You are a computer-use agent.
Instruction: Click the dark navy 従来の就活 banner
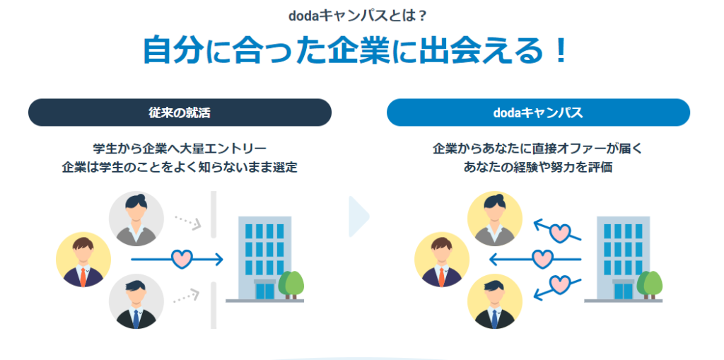coord(180,112)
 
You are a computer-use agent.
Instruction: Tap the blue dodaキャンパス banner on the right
coord(538,112)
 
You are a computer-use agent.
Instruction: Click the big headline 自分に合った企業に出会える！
coord(355,50)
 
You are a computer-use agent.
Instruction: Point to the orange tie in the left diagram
coord(83,277)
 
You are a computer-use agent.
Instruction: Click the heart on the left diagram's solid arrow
coord(182,259)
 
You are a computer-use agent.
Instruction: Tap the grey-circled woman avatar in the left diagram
coord(136,219)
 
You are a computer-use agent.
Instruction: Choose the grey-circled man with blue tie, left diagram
coord(136,301)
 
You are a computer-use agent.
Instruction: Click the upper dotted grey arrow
coord(188,222)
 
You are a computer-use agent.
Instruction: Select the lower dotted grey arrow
coord(187,296)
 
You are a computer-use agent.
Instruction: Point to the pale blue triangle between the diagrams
coord(359,216)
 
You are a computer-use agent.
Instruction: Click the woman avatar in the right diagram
coord(494,219)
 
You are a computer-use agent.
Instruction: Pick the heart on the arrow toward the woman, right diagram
coord(559,233)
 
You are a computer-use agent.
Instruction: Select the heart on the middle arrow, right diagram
coord(542,259)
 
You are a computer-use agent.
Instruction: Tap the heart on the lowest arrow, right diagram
coord(559,284)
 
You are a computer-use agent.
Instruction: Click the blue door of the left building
coord(265,291)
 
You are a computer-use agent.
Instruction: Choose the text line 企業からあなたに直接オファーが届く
coord(538,149)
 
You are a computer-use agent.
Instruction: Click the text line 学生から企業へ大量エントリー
coord(180,149)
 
